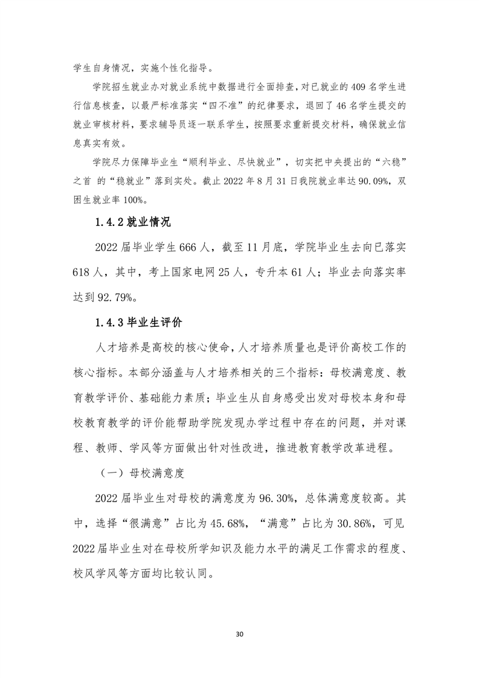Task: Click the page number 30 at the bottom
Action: [240, 634]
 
